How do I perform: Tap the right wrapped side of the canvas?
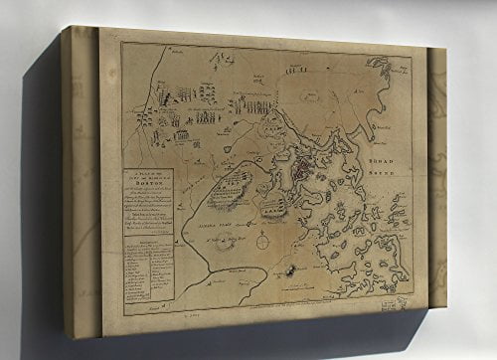coord(436,179)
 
